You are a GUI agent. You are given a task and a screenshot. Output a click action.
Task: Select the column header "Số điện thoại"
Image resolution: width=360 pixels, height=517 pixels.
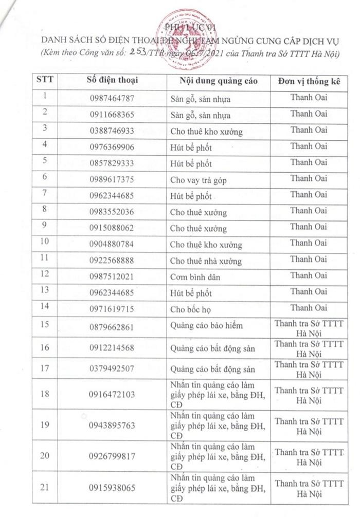pos(113,81)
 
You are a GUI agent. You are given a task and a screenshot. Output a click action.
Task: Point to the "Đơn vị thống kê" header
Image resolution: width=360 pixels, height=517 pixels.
pos(309,81)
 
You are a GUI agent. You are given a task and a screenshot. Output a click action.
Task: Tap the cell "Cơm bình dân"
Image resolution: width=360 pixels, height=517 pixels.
pos(195,277)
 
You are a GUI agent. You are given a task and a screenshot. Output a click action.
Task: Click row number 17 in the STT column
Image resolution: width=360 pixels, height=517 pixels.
pos(46,369)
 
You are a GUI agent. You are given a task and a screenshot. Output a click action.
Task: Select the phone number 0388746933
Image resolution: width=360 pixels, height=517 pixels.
pos(112,131)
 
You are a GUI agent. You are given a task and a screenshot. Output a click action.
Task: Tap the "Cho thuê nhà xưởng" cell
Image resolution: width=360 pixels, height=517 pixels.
pos(206,261)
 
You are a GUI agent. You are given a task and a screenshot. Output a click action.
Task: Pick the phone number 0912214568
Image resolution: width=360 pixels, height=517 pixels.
pos(112,348)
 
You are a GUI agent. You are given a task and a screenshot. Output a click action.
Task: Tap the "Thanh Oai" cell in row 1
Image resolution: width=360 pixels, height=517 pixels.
pos(309,97)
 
